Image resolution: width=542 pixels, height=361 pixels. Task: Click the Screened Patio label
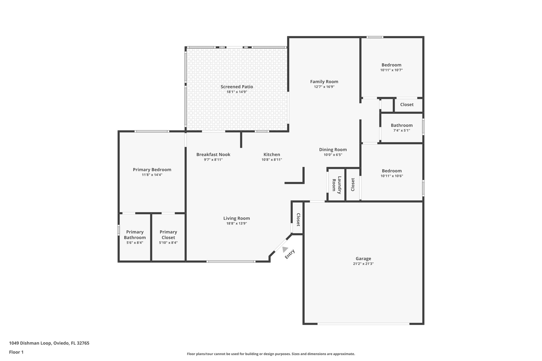click(x=237, y=87)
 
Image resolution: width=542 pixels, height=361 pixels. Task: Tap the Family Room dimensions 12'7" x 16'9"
click(x=324, y=87)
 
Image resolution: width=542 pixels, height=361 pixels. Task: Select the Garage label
click(x=363, y=259)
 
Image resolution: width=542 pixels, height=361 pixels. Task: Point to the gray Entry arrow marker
click(x=285, y=249)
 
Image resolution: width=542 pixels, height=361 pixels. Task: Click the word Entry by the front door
click(x=290, y=254)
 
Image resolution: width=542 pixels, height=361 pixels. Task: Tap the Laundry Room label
click(x=336, y=185)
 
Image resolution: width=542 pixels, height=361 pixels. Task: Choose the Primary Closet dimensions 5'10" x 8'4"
click(x=168, y=243)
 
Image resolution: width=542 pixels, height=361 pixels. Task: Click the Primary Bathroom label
click(x=135, y=235)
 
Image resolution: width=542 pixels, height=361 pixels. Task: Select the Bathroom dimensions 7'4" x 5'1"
click(x=401, y=130)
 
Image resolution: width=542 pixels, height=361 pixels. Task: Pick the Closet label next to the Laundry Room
click(x=353, y=184)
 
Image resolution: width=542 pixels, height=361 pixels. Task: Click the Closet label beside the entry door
click(x=298, y=220)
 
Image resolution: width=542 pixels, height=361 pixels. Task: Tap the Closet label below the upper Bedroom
click(x=406, y=104)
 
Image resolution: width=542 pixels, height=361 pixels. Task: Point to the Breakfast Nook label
click(x=213, y=154)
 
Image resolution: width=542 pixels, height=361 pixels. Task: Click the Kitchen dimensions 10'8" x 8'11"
click(x=272, y=160)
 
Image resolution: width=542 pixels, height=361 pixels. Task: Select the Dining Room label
click(x=333, y=150)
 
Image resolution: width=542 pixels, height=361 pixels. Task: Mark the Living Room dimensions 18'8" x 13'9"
click(x=236, y=223)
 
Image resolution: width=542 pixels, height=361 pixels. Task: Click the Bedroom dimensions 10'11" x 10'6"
click(x=392, y=176)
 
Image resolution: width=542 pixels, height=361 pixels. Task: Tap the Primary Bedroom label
click(x=152, y=170)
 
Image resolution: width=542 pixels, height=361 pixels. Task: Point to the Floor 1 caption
click(x=16, y=352)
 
